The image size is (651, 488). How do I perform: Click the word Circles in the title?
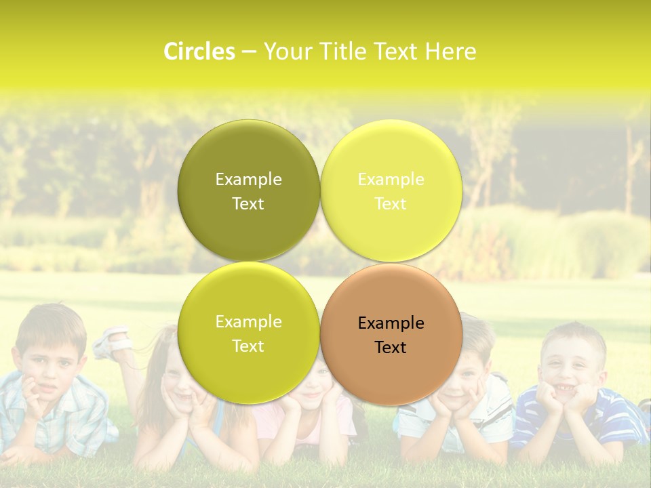click(199, 52)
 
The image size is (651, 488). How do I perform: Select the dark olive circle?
click(248, 156)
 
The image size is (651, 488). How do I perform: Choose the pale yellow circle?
click(391, 156)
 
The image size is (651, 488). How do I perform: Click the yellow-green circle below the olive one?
click(248, 366)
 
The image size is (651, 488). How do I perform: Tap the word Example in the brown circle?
click(391, 323)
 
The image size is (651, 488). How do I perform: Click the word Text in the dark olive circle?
click(248, 204)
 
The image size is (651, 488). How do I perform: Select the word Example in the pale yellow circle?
click(391, 180)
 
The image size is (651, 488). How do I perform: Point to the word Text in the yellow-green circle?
click(248, 346)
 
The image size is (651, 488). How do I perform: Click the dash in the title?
click(249, 52)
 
